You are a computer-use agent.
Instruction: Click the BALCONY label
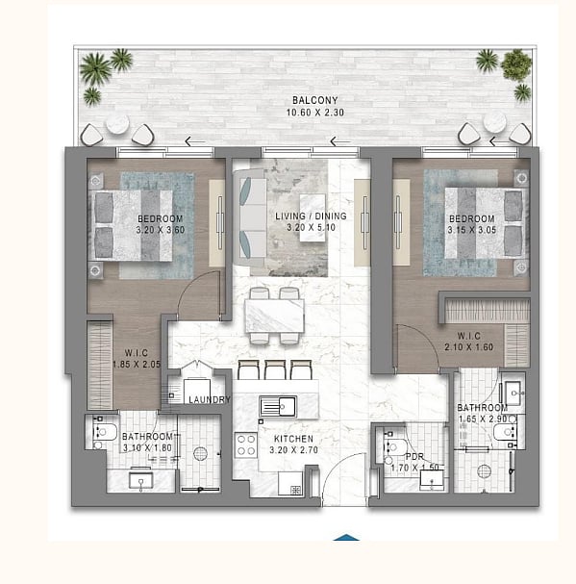315,100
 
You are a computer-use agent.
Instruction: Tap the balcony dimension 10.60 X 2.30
315,113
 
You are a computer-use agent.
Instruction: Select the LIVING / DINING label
311,216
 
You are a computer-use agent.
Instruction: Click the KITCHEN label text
294,439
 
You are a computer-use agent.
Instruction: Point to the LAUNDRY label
210,399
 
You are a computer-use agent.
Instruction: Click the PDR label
414,457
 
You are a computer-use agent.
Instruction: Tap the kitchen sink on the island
278,406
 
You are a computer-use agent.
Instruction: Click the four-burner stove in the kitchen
246,445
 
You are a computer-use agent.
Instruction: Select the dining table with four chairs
274,316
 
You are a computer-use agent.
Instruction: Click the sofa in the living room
249,217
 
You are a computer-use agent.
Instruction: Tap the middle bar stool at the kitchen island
275,369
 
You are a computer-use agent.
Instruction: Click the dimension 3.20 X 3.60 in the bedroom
161,230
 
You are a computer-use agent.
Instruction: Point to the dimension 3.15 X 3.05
472,230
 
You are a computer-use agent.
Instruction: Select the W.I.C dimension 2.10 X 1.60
468,346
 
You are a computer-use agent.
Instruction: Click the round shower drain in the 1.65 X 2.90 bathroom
484,471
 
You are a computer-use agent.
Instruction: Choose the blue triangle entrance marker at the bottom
346,538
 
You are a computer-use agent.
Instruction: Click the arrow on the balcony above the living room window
340,141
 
